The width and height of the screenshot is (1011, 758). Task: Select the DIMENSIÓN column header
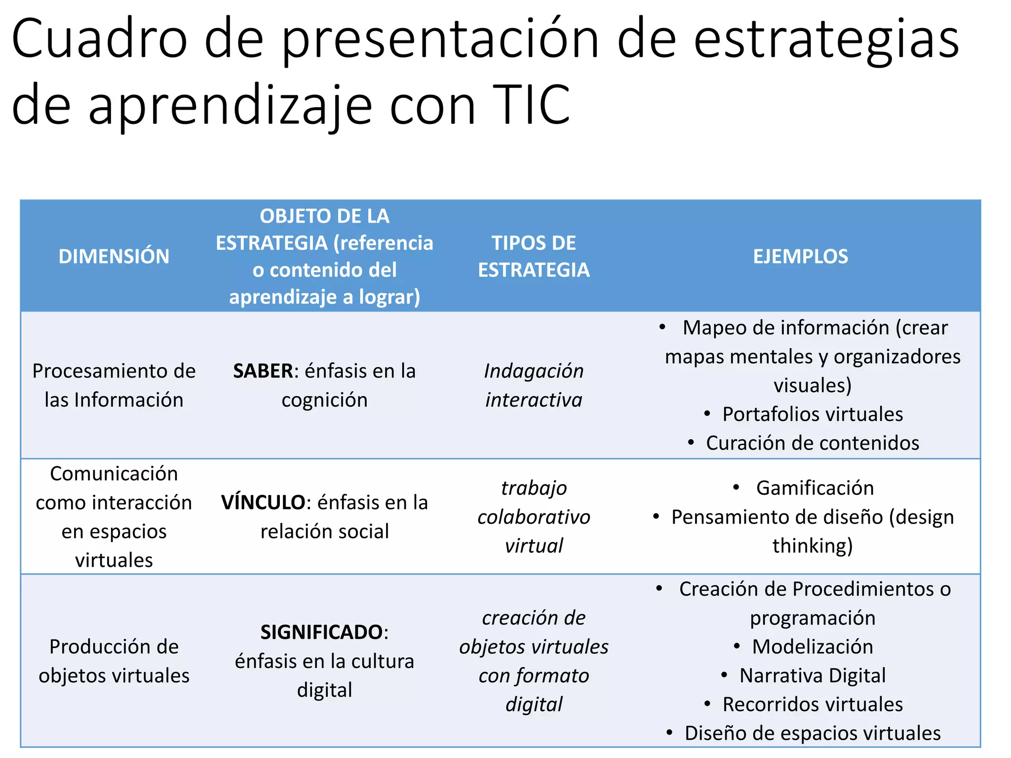coord(114,257)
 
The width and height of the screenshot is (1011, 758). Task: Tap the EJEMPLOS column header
coord(800,257)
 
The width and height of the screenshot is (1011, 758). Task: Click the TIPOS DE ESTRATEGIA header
coord(534,257)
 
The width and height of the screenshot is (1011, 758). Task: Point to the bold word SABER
coord(263,371)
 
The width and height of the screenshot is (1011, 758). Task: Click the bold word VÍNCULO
coord(263,502)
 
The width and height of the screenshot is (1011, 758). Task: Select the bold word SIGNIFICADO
coord(321,632)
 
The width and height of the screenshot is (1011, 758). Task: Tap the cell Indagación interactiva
coord(534,385)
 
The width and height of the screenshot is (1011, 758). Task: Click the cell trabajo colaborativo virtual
coord(534,517)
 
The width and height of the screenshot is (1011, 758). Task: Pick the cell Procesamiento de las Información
coord(114,385)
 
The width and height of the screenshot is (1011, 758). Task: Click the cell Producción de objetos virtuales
coord(114,661)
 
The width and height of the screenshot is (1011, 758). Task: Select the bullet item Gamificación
coord(815,488)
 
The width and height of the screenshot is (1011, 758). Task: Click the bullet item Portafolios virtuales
coord(813,415)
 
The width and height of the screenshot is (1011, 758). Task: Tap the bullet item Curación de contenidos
coord(813,443)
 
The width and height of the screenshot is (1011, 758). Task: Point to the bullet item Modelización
coord(813,647)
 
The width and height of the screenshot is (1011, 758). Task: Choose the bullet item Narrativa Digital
coord(813,676)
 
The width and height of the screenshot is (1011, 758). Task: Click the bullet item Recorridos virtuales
coord(813,705)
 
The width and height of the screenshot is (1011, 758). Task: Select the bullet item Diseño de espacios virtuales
coord(813,733)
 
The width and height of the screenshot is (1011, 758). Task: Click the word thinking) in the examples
coord(813,546)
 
